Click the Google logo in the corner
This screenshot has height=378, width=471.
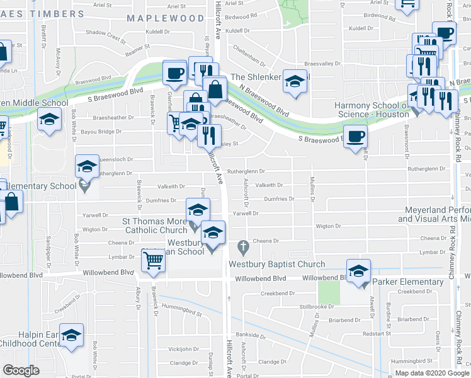(x=21, y=370)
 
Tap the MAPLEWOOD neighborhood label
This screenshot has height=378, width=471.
(x=165, y=19)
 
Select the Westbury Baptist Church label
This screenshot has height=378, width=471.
(x=276, y=265)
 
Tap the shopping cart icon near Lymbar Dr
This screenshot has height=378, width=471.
(x=154, y=259)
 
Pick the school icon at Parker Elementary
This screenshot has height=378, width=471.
(x=358, y=272)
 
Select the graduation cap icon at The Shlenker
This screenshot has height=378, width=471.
(x=293, y=81)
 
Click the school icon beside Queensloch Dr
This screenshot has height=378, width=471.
(x=87, y=166)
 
